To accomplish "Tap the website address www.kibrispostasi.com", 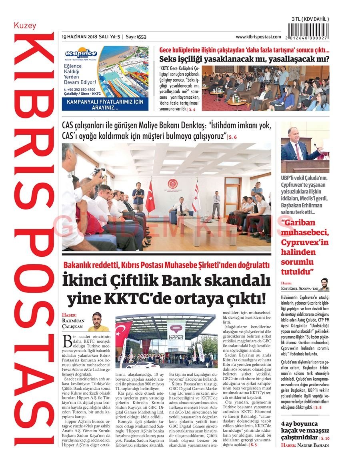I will coord(258,37).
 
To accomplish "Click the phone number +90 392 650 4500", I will coord(80,90).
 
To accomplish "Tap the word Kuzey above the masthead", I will coord(25,26).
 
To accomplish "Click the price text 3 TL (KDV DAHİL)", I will coord(310,19).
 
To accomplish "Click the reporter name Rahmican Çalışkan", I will coord(74,323).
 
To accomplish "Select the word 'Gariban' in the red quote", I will coord(298,223).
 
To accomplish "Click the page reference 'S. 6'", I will coord(232,137).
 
